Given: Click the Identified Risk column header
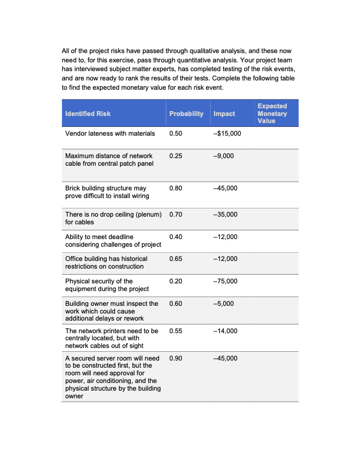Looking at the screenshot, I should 88,114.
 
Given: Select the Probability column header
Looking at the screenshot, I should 186,114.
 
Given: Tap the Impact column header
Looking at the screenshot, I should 224,114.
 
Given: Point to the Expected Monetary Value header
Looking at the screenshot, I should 272,113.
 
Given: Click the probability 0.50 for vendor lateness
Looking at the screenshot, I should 176,133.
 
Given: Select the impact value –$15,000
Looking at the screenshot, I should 227,133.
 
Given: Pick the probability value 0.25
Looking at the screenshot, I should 176,156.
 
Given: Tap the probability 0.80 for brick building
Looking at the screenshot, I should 176,188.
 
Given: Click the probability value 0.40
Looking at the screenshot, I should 176,237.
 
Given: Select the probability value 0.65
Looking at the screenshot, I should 176,259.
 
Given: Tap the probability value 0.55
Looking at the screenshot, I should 176,331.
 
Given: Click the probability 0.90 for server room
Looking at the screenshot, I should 176,358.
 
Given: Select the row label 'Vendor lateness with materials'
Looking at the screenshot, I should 110,133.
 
